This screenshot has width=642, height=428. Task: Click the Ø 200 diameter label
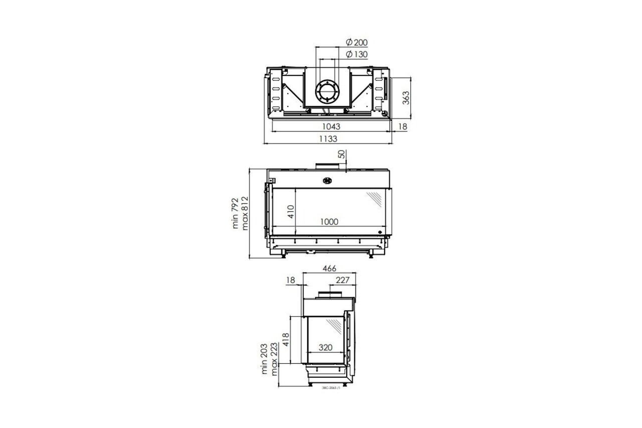357,42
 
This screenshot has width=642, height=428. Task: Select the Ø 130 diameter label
357,54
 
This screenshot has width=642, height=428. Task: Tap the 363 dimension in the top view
406,97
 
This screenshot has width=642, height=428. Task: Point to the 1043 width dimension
332,127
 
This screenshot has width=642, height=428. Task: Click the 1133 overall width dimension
329,139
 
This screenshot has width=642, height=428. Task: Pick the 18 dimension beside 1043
403,127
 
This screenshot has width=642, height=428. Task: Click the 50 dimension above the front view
342,155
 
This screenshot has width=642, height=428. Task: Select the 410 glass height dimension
289,211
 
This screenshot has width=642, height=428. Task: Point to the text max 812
245,213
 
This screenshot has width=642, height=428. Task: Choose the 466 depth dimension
329,269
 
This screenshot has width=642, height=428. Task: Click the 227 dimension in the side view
342,280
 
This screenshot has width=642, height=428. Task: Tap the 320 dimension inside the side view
326,347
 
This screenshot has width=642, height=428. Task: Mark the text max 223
273,360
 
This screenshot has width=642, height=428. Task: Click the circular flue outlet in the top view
328,92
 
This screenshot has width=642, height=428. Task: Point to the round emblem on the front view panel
328,181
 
